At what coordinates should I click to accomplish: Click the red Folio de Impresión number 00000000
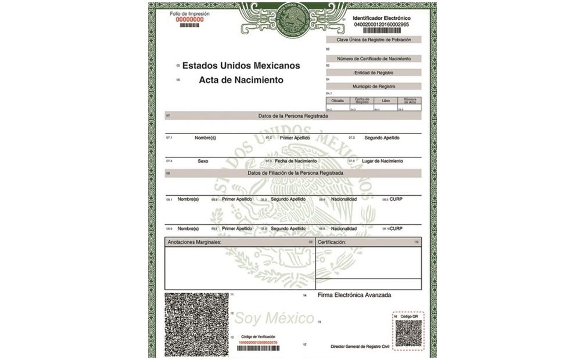(x=189, y=19)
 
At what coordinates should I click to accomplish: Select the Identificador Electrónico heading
(x=381, y=19)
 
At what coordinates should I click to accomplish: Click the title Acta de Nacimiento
(x=241, y=80)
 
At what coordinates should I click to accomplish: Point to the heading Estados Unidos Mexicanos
(x=241, y=66)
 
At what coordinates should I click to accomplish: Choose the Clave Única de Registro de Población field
(x=374, y=40)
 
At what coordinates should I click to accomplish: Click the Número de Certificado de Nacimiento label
(x=374, y=59)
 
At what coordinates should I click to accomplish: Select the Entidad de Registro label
(x=374, y=73)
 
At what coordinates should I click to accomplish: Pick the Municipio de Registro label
(x=374, y=86)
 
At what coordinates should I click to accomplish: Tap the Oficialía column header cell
(x=338, y=100)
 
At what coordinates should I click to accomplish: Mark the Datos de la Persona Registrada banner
(x=293, y=116)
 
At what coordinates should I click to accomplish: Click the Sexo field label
(x=203, y=161)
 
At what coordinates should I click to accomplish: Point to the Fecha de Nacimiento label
(x=296, y=161)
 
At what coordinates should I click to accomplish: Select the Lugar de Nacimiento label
(x=383, y=161)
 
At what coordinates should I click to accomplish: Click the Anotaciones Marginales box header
(x=195, y=242)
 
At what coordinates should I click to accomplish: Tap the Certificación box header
(x=332, y=242)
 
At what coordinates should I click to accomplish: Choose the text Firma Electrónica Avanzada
(x=354, y=295)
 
